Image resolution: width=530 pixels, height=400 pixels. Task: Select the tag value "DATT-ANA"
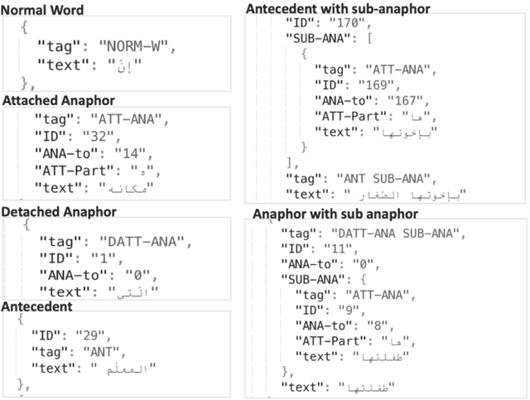pos(147,242)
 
